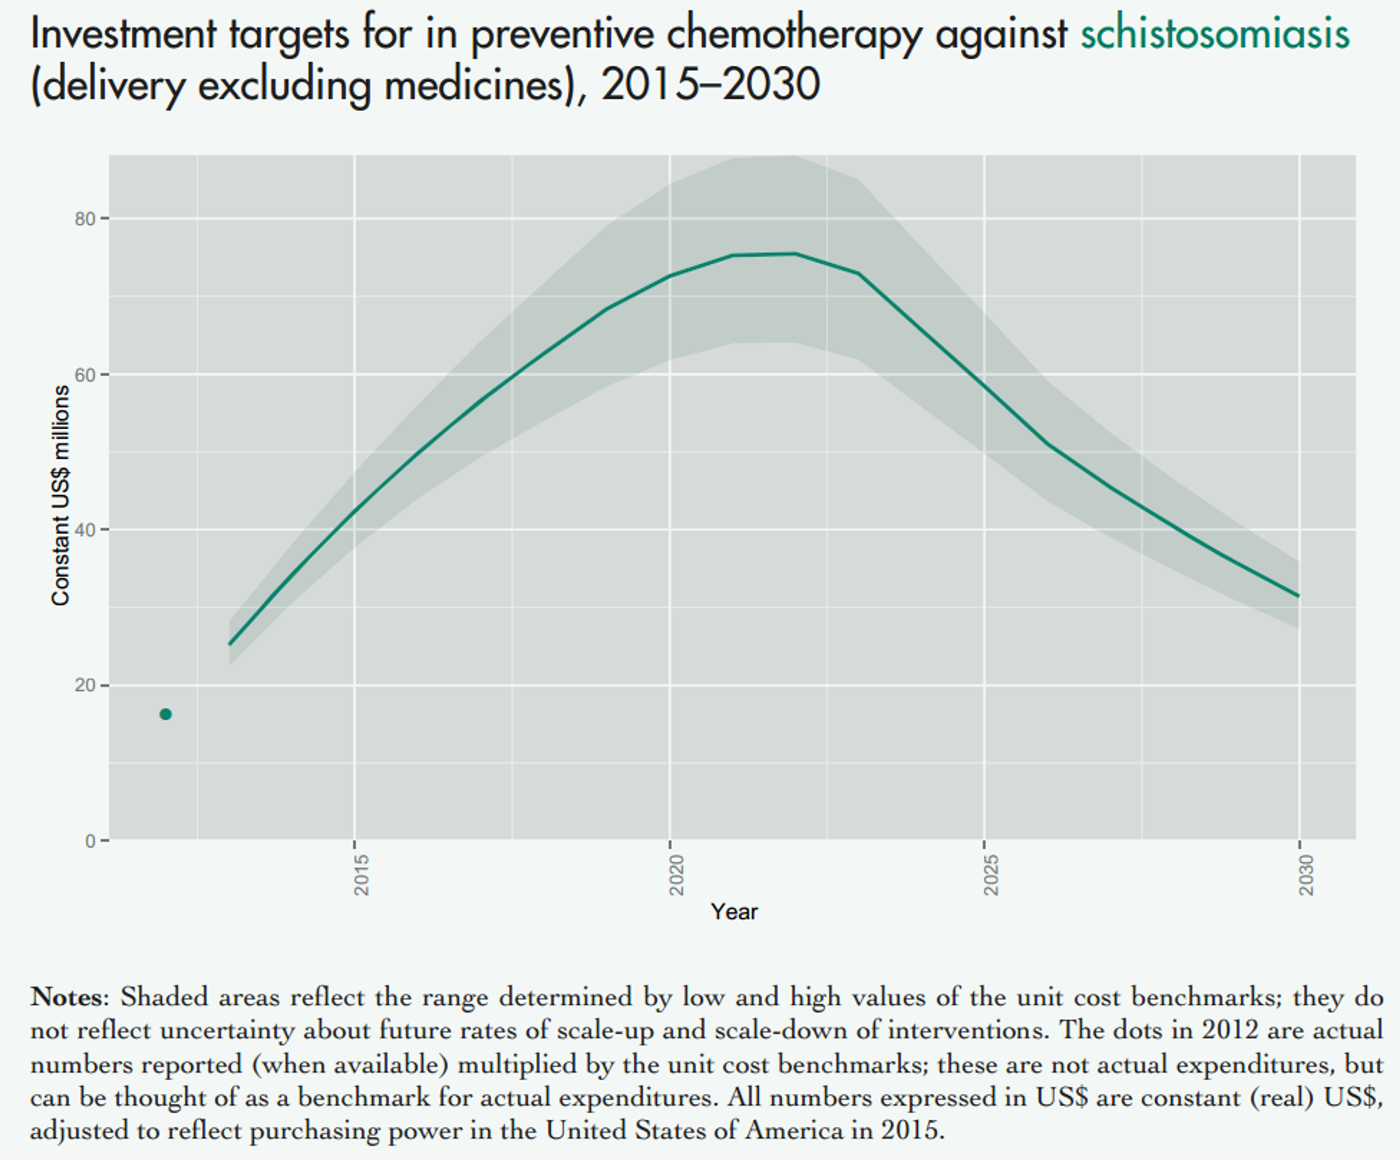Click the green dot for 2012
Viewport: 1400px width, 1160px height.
165,714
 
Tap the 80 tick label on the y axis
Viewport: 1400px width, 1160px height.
85,219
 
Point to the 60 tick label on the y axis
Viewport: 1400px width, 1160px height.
85,374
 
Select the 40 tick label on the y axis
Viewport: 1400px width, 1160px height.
85,530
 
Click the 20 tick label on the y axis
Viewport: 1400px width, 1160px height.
85,685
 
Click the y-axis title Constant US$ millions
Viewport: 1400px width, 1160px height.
61,495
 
